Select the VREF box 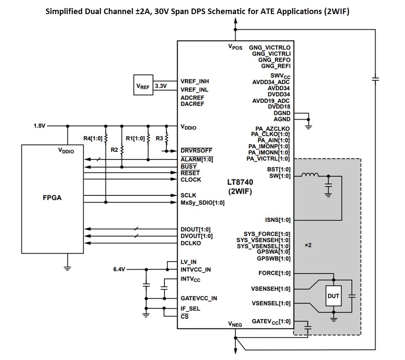[x=143, y=86]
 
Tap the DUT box [x=333, y=296]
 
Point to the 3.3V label [x=161, y=86]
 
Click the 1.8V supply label [x=40, y=126]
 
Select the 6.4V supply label [x=120, y=270]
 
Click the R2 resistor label [x=114, y=150]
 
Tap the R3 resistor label [x=159, y=138]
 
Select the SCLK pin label [x=188, y=195]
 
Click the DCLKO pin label [x=191, y=243]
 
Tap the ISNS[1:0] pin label [x=278, y=220]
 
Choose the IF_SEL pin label [x=190, y=308]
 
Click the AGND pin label [x=282, y=119]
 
